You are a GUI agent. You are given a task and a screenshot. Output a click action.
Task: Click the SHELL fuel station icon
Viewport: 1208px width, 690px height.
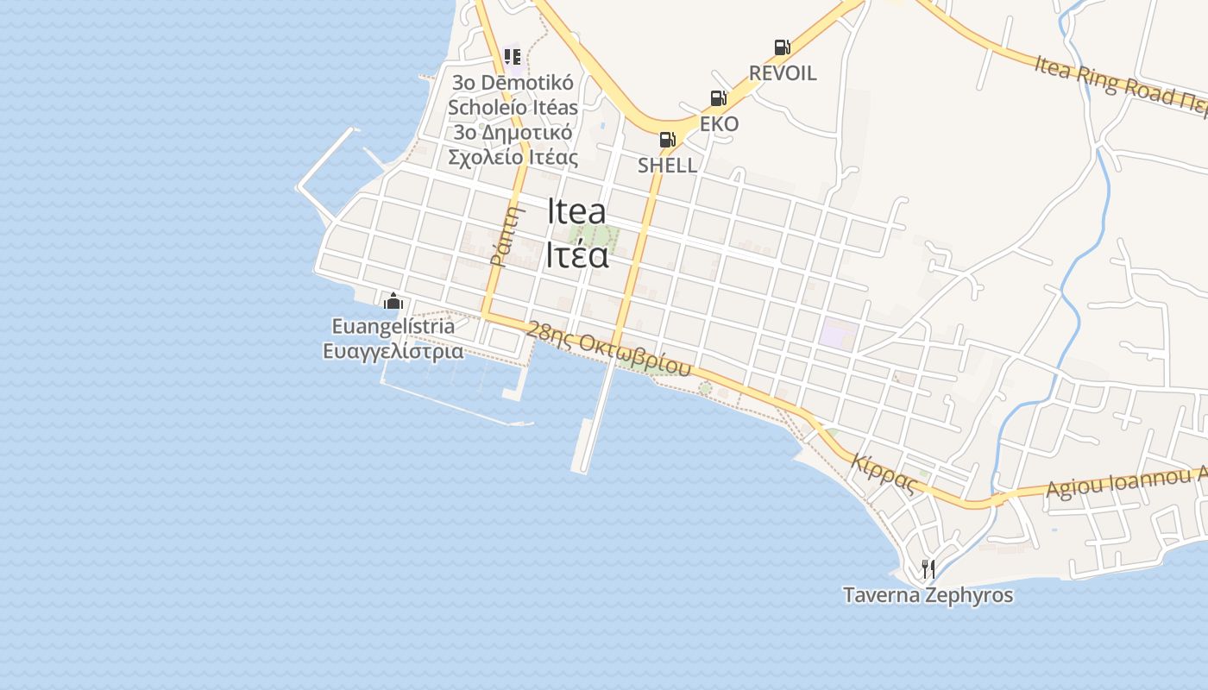click(667, 140)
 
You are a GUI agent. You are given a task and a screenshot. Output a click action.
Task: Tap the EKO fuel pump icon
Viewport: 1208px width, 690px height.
click(718, 99)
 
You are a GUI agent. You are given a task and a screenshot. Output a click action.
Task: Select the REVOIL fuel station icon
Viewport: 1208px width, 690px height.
click(782, 48)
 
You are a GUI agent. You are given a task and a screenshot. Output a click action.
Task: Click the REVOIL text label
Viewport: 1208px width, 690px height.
click(783, 73)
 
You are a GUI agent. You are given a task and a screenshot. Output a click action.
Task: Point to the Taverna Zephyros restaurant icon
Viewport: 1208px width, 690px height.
click(928, 569)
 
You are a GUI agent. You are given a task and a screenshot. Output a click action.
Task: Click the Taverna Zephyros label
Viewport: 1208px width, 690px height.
click(928, 595)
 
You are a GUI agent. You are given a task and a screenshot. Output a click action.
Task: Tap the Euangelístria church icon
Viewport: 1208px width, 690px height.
click(393, 301)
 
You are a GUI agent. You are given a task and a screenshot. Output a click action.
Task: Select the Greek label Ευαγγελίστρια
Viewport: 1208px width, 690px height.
click(393, 351)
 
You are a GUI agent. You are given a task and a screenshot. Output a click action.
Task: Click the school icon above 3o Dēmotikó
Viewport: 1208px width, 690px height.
click(513, 58)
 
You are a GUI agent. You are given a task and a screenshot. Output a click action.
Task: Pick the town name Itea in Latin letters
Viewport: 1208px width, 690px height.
click(576, 212)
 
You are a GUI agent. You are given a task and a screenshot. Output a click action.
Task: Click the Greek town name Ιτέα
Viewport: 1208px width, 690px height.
click(576, 255)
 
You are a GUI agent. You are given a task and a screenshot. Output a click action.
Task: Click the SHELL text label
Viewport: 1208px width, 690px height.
click(667, 165)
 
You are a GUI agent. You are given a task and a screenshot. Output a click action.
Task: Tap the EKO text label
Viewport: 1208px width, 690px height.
click(719, 124)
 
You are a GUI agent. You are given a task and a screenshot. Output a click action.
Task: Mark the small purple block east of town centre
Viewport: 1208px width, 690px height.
click(835, 333)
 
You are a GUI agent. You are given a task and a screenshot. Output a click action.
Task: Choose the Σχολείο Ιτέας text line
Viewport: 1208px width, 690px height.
click(513, 157)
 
